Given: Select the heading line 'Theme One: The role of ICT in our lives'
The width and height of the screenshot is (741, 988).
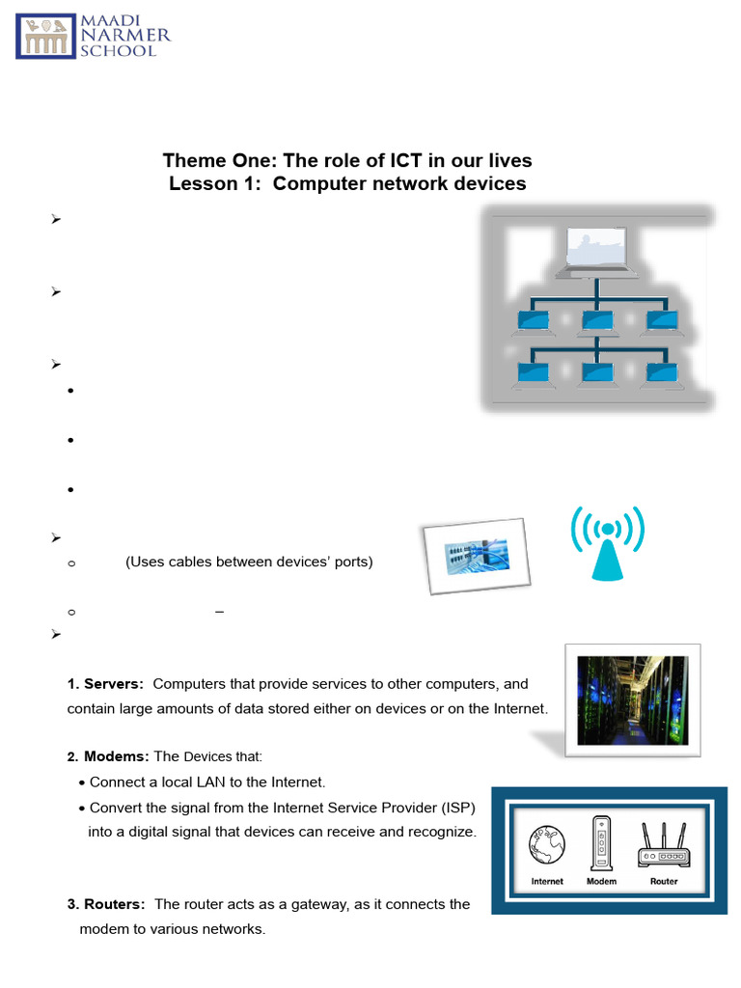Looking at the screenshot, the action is tap(347, 160).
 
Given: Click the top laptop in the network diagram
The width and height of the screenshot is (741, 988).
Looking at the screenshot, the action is tap(597, 252).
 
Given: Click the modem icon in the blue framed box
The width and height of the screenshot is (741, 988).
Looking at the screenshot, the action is tap(602, 842).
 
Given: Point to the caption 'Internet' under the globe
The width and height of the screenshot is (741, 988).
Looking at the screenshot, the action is tap(547, 881).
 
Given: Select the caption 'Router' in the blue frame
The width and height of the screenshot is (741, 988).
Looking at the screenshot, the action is tap(663, 881).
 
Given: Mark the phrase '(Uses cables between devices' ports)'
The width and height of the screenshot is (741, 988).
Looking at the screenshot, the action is tap(249, 562).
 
